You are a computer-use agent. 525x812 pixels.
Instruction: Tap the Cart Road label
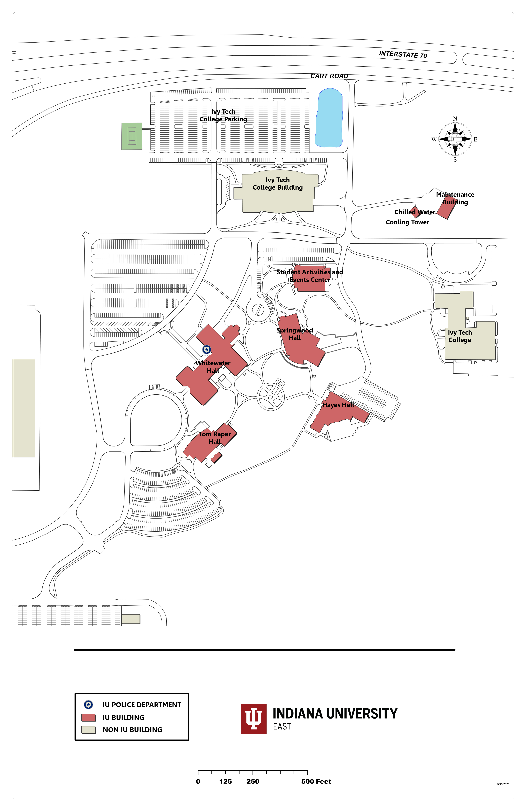(329, 76)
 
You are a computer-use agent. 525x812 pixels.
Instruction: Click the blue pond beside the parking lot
(328, 118)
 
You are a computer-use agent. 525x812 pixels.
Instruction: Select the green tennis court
(132, 136)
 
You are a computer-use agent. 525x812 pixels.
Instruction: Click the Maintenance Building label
(455, 198)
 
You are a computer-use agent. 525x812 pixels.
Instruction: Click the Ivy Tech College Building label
(277, 184)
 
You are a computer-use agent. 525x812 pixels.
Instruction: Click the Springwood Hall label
(294, 334)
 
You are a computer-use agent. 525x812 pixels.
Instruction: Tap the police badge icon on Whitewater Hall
(207, 349)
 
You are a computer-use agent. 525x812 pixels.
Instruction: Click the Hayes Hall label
(338, 405)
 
